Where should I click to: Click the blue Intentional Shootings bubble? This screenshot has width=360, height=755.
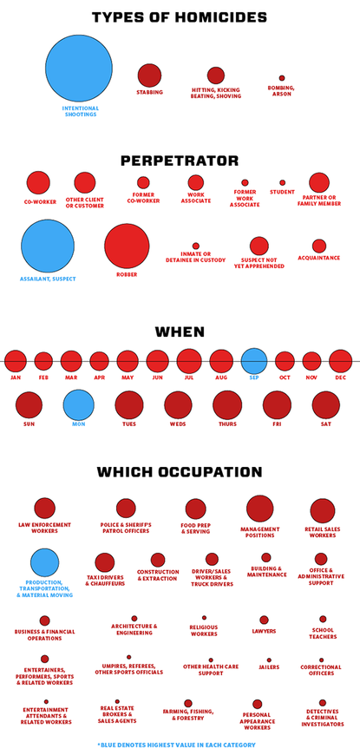[79, 68]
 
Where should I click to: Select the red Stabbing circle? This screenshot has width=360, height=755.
[149, 75]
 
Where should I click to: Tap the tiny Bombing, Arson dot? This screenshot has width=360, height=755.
[281, 78]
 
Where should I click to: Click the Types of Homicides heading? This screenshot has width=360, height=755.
[180, 17]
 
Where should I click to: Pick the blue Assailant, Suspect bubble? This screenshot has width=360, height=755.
[48, 246]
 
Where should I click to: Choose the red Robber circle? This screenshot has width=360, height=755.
[127, 246]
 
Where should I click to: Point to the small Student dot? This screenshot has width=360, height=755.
[282, 183]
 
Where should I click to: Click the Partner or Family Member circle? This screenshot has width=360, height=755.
[319, 182]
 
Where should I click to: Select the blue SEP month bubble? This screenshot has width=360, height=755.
[254, 361]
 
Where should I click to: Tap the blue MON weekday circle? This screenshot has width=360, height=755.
[78, 405]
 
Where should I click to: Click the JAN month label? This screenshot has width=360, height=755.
[16, 378]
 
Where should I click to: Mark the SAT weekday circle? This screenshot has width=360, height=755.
[326, 405]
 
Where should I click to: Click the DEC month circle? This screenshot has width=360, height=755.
[340, 361]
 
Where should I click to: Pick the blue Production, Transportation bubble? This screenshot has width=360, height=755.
[44, 562]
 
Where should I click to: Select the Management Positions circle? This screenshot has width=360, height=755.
[259, 509]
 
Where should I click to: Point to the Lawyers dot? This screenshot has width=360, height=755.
[264, 620]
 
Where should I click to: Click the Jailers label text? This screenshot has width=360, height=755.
[269, 667]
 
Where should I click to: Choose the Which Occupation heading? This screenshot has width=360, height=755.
[180, 472]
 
